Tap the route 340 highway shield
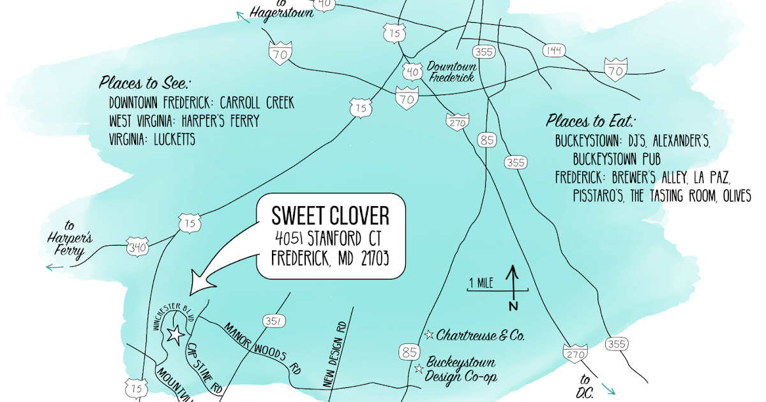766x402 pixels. (x=137, y=247)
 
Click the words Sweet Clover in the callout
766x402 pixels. (x=330, y=216)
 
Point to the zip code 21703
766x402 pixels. (x=366, y=258)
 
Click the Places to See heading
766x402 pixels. (x=146, y=83)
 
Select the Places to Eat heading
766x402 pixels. (x=592, y=121)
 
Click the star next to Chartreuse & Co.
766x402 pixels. (x=430, y=334)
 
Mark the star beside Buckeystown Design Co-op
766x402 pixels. (x=419, y=369)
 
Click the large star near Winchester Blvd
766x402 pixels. (x=174, y=334)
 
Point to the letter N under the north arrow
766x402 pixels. (x=512, y=306)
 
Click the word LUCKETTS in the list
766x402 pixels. (x=174, y=140)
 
